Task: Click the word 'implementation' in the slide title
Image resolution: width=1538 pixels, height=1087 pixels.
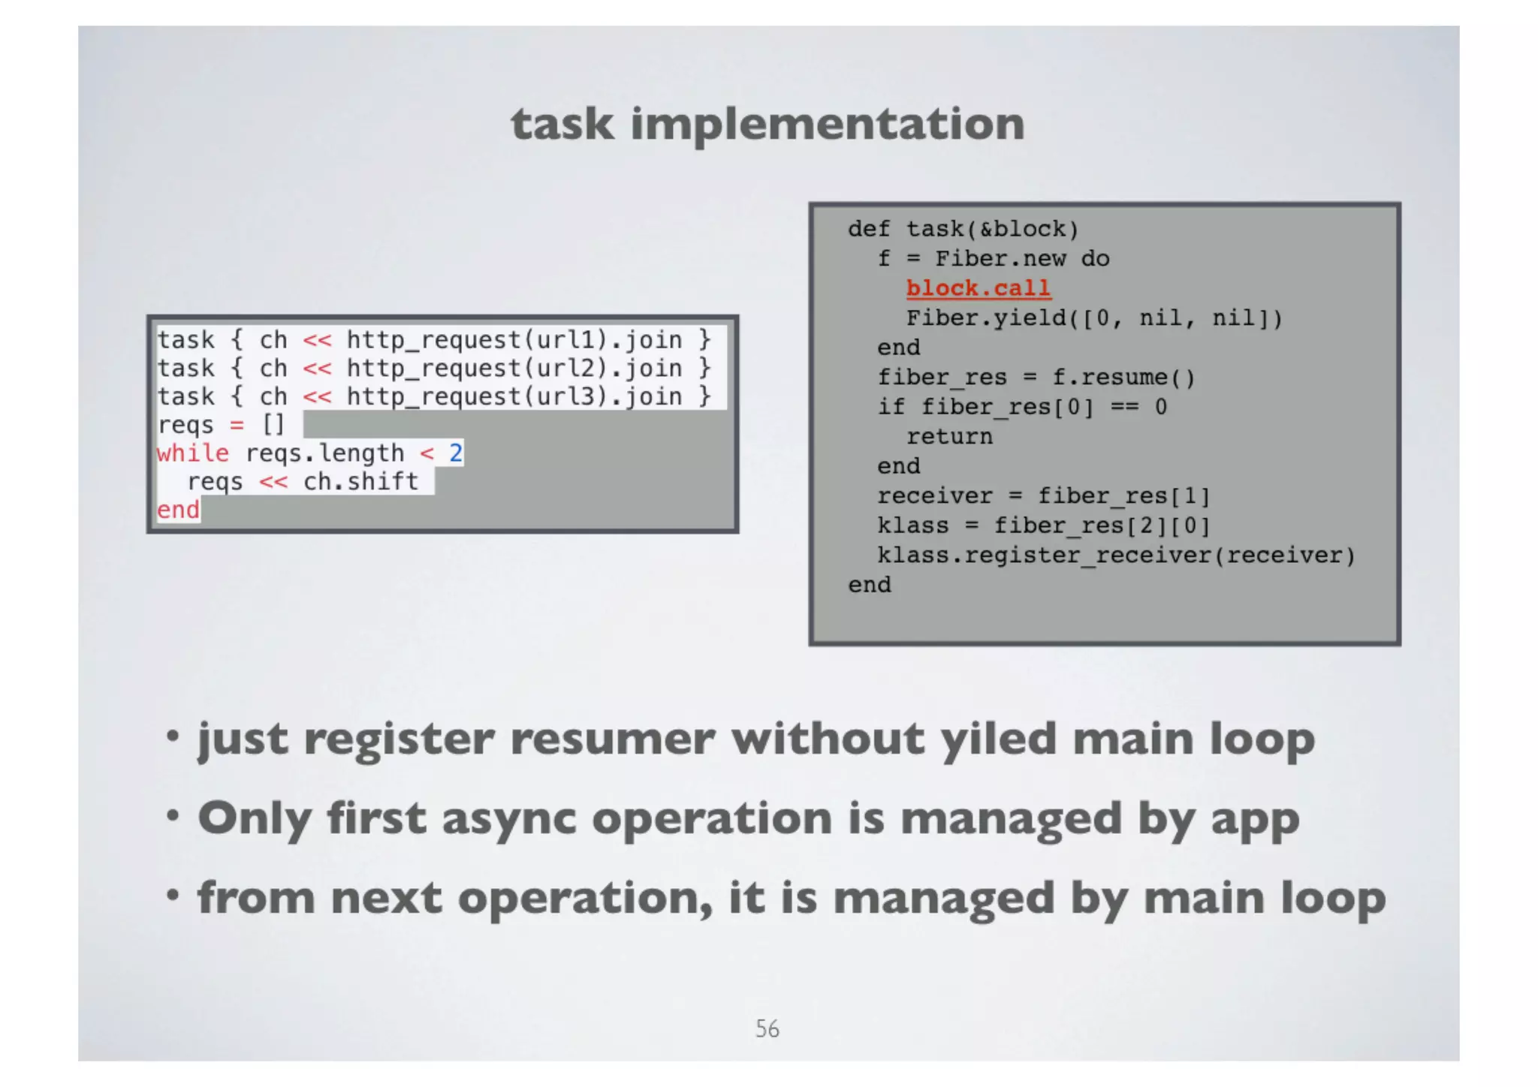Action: [x=828, y=125]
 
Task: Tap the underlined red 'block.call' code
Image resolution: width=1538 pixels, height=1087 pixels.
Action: [x=978, y=288]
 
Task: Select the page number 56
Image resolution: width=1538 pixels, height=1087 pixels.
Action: [x=767, y=1028]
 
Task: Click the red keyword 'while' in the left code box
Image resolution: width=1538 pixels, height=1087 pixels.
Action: [x=193, y=453]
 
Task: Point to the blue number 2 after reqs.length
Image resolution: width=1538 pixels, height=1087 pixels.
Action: [x=455, y=453]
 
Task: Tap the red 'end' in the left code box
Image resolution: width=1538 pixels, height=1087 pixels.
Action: [x=178, y=510]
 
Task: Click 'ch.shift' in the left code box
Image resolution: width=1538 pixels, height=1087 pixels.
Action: [x=360, y=481]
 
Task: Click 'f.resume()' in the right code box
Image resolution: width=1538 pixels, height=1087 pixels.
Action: [x=1123, y=377]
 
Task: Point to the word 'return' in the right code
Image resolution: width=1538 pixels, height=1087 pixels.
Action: [x=949, y=436]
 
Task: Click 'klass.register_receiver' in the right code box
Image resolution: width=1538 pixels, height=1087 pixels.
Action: [x=1043, y=556]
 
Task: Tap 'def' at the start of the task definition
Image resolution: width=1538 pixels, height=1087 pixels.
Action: [x=869, y=229]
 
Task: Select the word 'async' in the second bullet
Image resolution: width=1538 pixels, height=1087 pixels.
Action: [x=508, y=818]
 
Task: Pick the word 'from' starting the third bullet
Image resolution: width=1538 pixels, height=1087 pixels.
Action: [x=256, y=898]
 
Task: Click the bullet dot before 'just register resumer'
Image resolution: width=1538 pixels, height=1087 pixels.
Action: [x=173, y=736]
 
